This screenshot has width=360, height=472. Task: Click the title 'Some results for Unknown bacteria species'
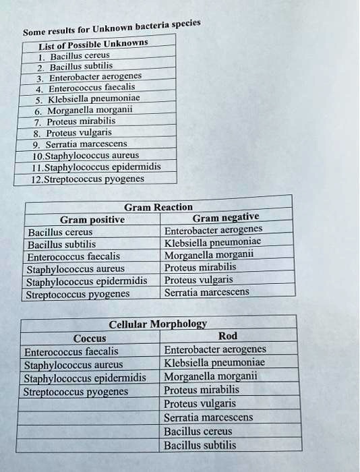point(112,28)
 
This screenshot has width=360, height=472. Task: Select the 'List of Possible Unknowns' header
point(93,44)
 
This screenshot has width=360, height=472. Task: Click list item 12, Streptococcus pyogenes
point(85,179)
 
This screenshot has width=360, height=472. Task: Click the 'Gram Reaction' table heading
point(158,207)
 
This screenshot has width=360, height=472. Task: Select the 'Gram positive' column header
point(92,219)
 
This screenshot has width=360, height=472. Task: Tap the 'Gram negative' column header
point(226,218)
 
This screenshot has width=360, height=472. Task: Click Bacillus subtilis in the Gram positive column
point(62,244)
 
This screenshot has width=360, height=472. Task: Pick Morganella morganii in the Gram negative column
point(209,255)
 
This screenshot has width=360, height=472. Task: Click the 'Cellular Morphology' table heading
point(158,324)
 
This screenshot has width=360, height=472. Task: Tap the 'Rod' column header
point(228,336)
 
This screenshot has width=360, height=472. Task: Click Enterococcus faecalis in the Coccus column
point(71,351)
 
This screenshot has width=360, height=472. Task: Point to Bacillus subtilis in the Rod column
point(200,445)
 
